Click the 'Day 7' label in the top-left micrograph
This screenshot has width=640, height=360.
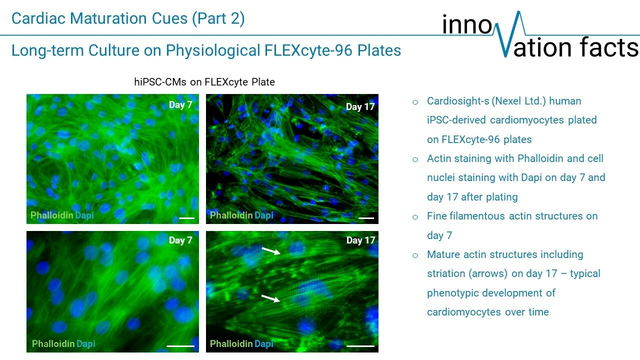[180, 105]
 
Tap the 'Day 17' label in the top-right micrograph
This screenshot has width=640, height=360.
[360, 107]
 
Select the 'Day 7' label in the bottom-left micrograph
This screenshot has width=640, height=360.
[180, 240]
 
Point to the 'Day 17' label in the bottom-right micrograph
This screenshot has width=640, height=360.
[360, 240]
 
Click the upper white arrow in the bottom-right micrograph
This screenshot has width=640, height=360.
[271, 251]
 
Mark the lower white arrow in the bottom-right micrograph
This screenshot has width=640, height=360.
[270, 298]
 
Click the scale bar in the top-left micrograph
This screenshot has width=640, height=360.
[186, 218]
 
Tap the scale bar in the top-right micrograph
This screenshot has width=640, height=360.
[366, 218]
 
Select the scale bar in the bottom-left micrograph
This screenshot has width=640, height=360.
[180, 346]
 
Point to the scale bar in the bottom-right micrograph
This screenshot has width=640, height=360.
[360, 346]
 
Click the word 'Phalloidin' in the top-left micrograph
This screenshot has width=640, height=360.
[51, 215]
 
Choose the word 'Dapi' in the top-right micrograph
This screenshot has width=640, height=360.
[263, 215]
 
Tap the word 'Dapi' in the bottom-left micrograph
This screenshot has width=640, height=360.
[85, 343]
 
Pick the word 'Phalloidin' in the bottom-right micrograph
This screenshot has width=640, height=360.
[231, 343]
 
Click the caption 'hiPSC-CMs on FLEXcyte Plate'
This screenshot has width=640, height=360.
[204, 82]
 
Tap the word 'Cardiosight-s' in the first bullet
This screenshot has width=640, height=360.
[457, 101]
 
